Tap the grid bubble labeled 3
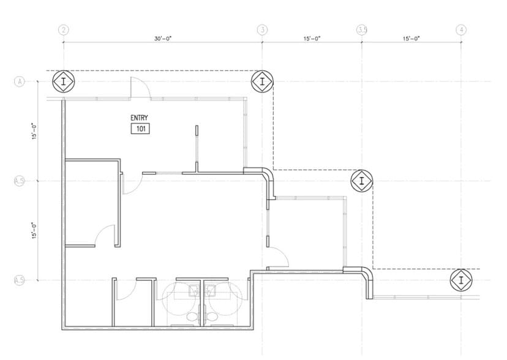pos(262,29)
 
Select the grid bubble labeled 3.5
pos(362,29)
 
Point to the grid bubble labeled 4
pos(461,29)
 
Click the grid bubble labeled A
pos(20,81)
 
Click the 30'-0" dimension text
pos(163,39)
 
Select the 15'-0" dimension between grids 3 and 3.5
pos(312,39)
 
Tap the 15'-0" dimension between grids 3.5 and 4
pos(411,39)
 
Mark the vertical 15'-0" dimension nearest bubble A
pos(35,130)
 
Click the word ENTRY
pos(139,118)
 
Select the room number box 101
pos(140,129)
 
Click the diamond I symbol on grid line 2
pos(63,81)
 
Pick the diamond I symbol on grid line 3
pos(262,81)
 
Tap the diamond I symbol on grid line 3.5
pos(362,181)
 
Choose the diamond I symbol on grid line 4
pos(461,280)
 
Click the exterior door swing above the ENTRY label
pos(140,89)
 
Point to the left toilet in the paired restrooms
pos(193,317)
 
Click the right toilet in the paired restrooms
pos(210,317)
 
